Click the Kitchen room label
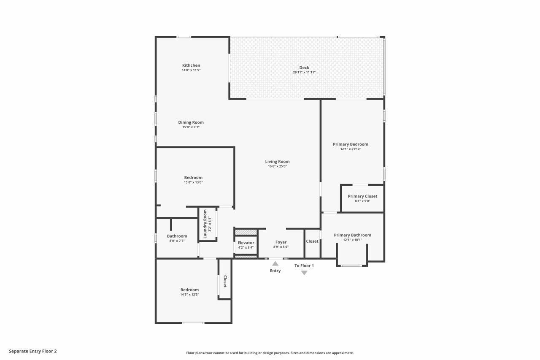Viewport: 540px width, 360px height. (191, 65)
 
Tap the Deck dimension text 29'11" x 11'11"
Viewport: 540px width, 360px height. (304, 73)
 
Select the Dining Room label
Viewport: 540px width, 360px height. (191, 122)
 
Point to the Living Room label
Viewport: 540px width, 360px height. (277, 162)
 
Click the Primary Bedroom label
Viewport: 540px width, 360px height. (351, 144)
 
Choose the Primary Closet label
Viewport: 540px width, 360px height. (362, 196)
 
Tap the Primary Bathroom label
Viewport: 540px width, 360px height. (353, 235)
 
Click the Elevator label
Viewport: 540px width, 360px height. (246, 243)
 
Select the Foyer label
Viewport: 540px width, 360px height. (281, 242)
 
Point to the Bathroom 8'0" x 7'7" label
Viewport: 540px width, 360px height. (177, 236)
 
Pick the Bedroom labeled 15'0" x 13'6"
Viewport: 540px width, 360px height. (193, 178)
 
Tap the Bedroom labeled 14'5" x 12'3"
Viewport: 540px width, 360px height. (189, 290)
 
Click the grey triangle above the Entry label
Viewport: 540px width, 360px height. (275, 263)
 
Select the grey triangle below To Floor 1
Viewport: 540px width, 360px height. (304, 273)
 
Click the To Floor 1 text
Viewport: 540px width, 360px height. (304, 266)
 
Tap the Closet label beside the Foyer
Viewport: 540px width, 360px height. (312, 241)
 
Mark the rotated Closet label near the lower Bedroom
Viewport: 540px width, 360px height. (225, 282)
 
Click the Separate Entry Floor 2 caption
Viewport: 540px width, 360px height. (33, 351)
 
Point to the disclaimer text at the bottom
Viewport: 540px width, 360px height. (270, 353)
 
